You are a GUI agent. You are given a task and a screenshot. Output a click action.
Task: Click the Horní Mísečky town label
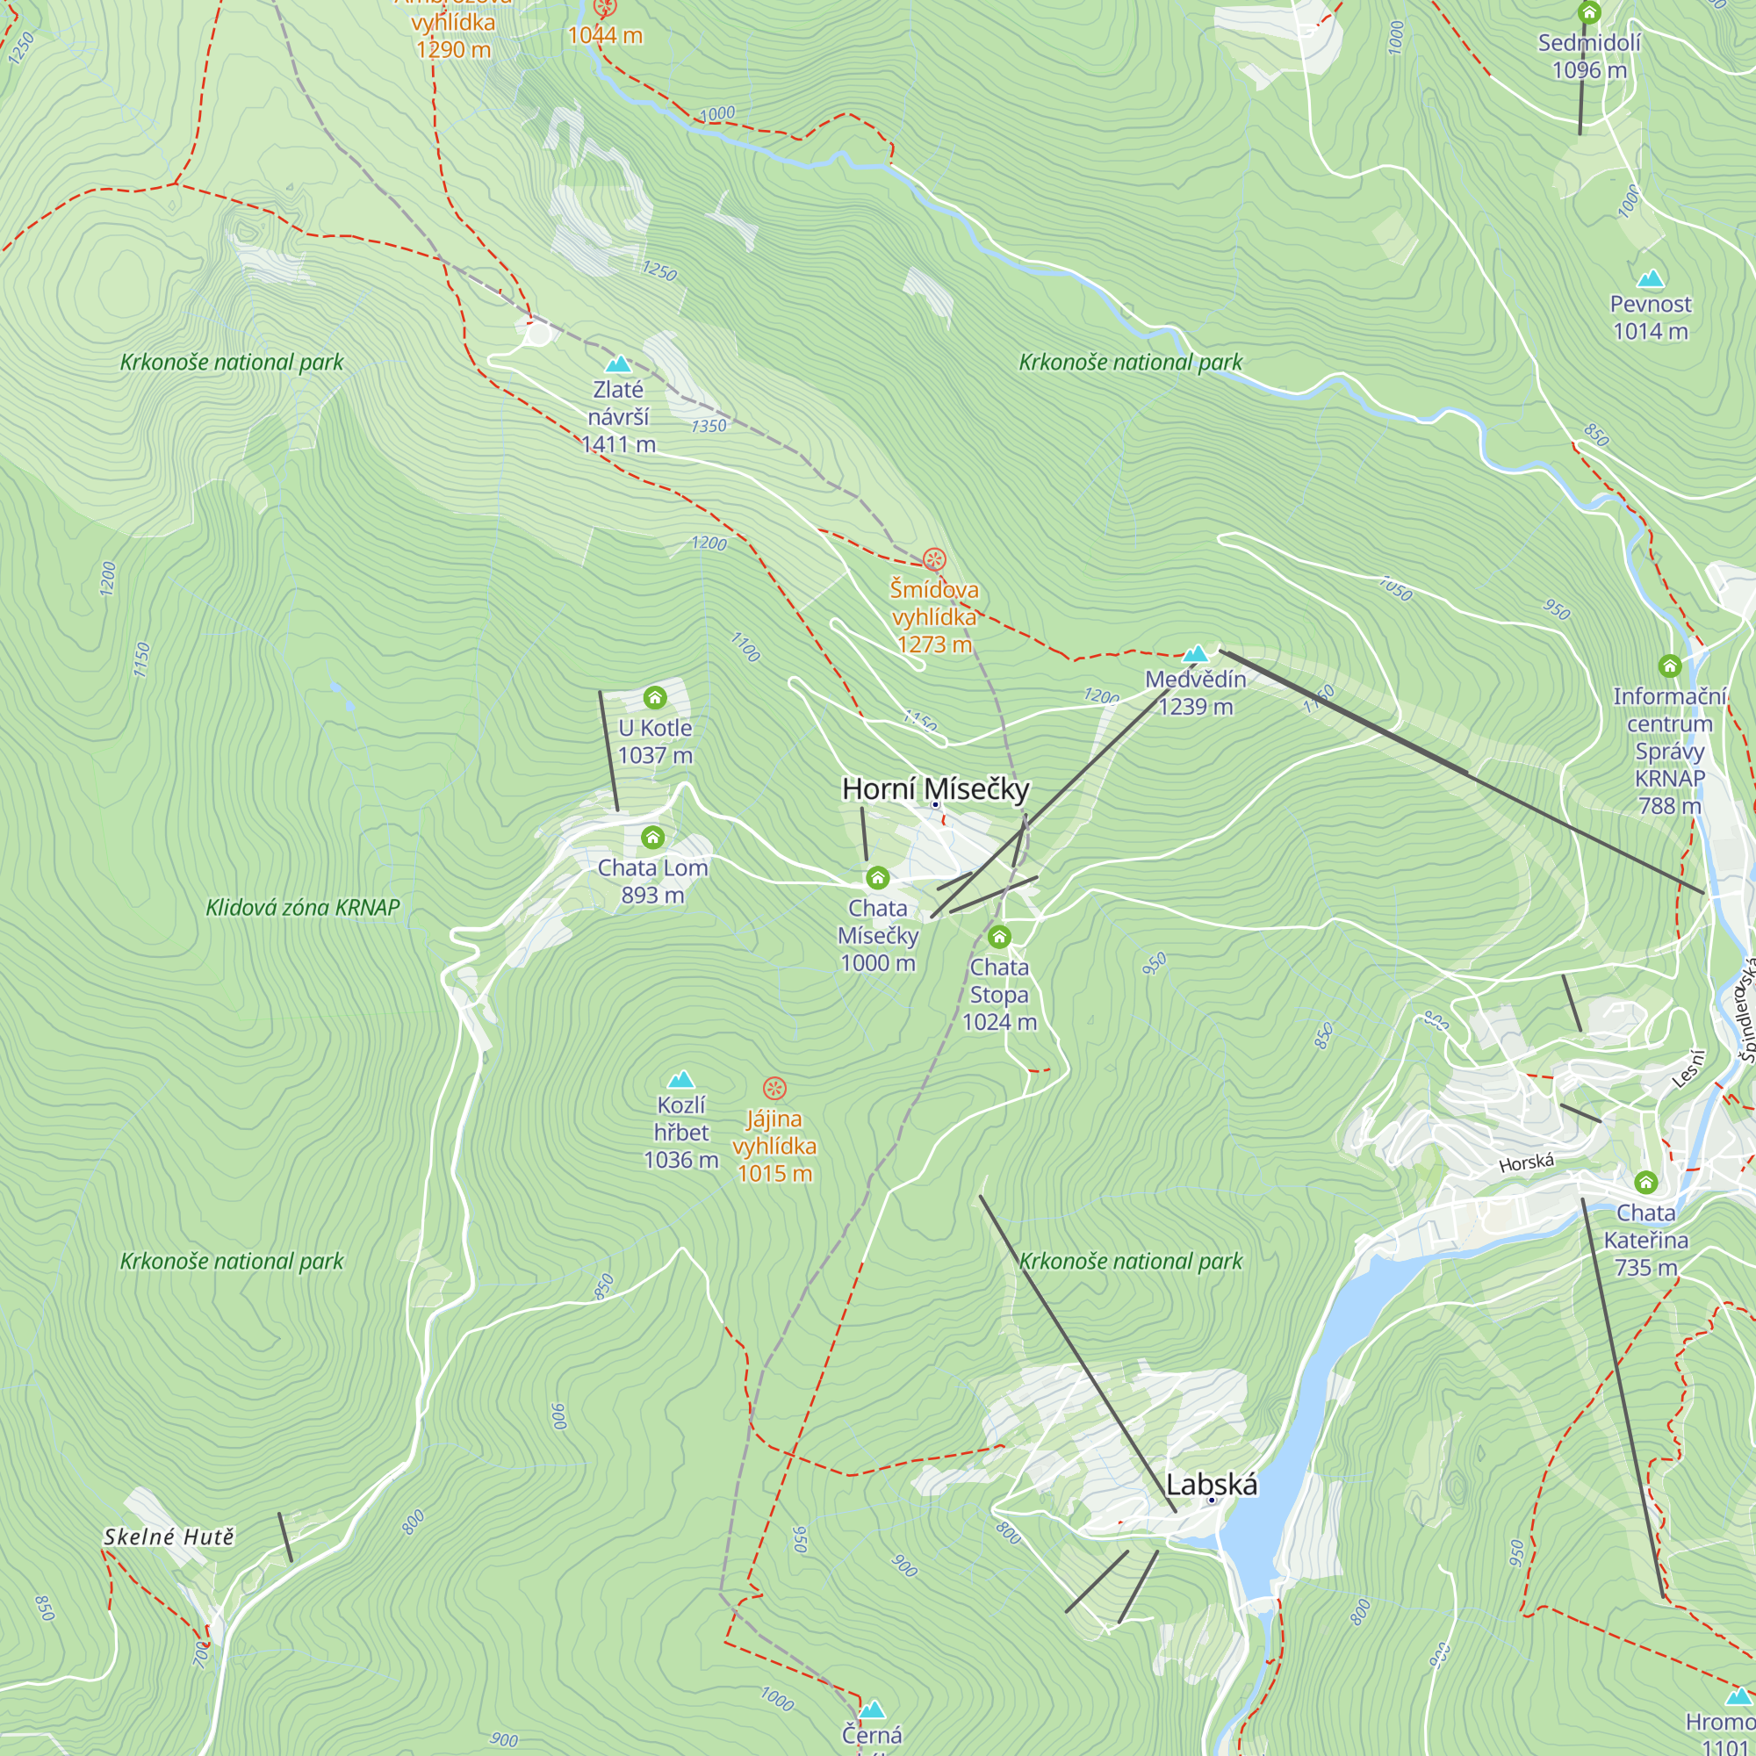click(934, 788)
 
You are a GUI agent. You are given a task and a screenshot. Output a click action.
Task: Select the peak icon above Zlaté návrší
click(618, 364)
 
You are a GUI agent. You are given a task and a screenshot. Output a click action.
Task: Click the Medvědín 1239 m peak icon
click(1195, 653)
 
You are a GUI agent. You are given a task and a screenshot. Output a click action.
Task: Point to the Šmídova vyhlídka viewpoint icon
click(934, 559)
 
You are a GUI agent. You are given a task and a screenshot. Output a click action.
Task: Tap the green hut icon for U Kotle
click(654, 697)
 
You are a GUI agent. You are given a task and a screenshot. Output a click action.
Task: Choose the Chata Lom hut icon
click(652, 837)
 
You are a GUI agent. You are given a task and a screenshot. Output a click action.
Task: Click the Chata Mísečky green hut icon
click(877, 877)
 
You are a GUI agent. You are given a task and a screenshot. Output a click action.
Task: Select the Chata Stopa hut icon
click(999, 936)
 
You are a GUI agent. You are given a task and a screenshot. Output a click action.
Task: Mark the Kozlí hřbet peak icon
click(680, 1080)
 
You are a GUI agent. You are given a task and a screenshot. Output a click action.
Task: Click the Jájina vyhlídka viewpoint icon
click(774, 1088)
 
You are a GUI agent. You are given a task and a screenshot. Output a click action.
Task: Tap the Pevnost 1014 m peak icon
click(1651, 279)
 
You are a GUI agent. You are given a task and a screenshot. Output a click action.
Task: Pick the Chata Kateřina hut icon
click(1646, 1183)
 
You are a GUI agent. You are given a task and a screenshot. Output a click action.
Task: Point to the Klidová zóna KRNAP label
click(303, 907)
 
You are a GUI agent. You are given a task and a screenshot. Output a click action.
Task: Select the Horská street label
click(1526, 1162)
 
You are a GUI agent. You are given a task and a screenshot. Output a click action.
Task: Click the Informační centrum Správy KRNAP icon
click(1670, 666)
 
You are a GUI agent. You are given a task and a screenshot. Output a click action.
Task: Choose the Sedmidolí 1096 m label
click(1589, 55)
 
